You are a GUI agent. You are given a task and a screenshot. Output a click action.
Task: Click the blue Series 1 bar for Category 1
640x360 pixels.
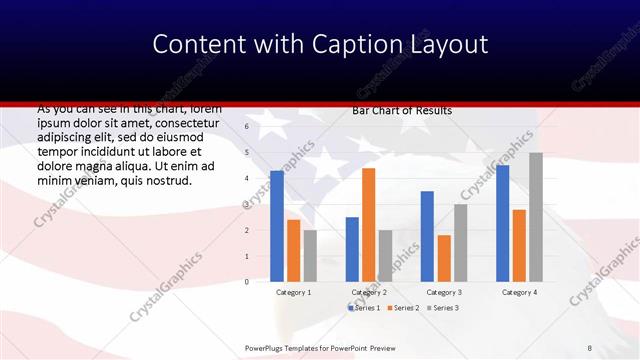pyautogui.click(x=277, y=226)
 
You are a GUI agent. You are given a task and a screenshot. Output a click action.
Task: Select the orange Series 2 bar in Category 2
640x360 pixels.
pyautogui.click(x=369, y=225)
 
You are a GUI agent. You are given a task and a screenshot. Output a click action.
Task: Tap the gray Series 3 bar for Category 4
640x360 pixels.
pyautogui.click(x=536, y=217)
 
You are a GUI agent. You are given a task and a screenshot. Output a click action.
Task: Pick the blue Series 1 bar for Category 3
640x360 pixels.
pyautogui.click(x=427, y=236)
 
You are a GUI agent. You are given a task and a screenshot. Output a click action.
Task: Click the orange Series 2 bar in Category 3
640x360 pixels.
pyautogui.click(x=444, y=258)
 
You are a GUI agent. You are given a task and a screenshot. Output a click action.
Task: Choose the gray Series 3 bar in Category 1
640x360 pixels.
pyautogui.click(x=310, y=256)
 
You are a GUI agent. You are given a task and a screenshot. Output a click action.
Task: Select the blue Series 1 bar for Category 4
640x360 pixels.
pyautogui.click(x=503, y=223)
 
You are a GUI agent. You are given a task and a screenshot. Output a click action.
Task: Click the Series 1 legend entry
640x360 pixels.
pyautogui.click(x=366, y=307)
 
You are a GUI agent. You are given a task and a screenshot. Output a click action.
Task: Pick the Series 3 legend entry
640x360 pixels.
pyautogui.click(x=443, y=307)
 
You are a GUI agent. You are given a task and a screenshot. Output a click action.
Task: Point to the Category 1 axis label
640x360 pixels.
pyautogui.click(x=293, y=292)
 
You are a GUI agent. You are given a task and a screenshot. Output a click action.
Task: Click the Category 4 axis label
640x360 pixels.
pyautogui.click(x=519, y=292)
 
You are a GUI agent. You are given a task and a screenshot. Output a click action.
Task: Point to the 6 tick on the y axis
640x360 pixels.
pyautogui.click(x=246, y=127)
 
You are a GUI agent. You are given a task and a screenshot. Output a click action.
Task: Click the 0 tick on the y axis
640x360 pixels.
pyautogui.click(x=246, y=282)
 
